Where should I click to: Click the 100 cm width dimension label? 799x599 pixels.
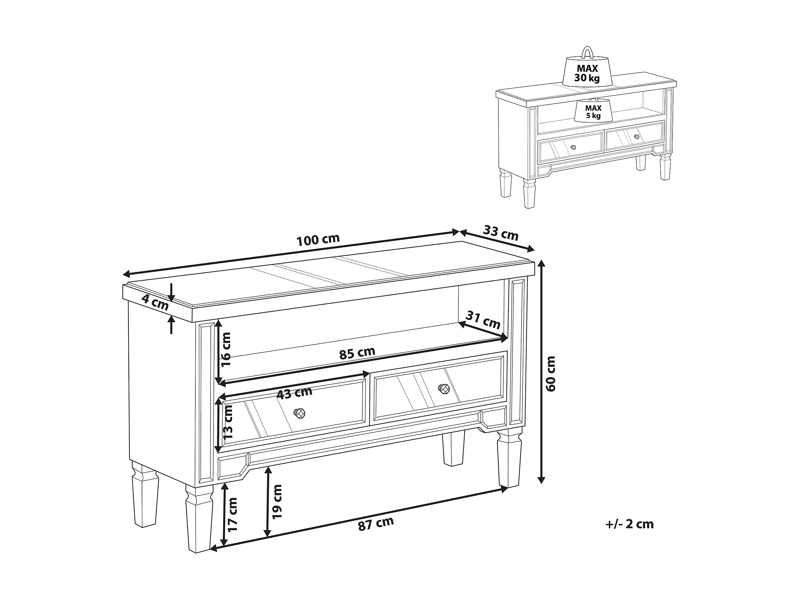[x=318, y=239]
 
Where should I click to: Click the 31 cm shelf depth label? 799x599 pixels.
[x=483, y=320]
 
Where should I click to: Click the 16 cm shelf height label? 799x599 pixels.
[x=226, y=349]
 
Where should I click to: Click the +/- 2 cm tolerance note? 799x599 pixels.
[x=630, y=524]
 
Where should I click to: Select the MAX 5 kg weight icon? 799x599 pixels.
[x=593, y=110]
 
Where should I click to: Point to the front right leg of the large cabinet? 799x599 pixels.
[x=510, y=458]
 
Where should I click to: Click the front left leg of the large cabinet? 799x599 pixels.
[x=199, y=519]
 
